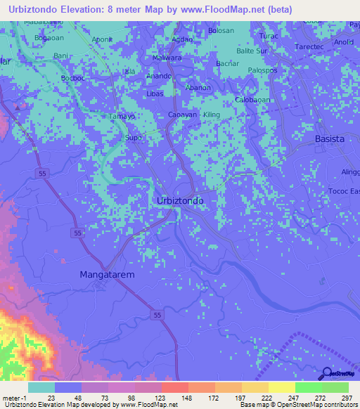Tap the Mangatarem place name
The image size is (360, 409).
click(107, 275)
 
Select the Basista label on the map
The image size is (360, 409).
click(329, 138)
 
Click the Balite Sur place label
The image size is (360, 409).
click(252, 51)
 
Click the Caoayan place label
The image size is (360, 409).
click(182, 115)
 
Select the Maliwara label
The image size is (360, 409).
click(167, 58)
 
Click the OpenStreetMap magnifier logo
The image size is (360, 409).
click(327, 374)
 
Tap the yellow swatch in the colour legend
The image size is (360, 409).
click(281, 387)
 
